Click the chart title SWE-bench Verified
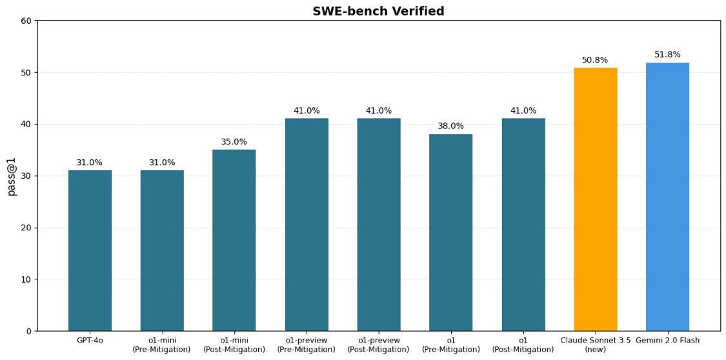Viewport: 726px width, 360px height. (x=378, y=11)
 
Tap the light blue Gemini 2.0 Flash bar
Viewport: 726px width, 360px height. (x=667, y=196)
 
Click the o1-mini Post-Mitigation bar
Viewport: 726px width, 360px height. (x=234, y=240)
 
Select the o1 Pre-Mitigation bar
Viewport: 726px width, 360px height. (x=450, y=232)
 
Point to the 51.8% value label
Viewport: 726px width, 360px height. (x=667, y=55)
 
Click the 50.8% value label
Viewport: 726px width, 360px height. (x=595, y=60)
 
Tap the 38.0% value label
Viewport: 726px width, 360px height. (x=450, y=126)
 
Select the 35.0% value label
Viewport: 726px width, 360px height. (x=234, y=142)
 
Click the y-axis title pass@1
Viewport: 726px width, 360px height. (x=12, y=175)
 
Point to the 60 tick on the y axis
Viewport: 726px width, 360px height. (x=26, y=21)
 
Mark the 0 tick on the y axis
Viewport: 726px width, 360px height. (x=29, y=331)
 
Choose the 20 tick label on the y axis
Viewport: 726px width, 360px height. (x=26, y=228)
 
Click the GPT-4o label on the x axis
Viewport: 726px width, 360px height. (x=90, y=341)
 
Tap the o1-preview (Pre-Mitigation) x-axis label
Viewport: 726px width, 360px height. (x=307, y=345)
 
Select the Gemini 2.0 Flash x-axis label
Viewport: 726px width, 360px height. (x=667, y=341)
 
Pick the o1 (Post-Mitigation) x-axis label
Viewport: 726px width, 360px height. (x=523, y=345)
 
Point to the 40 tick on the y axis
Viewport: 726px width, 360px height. (x=26, y=124)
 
